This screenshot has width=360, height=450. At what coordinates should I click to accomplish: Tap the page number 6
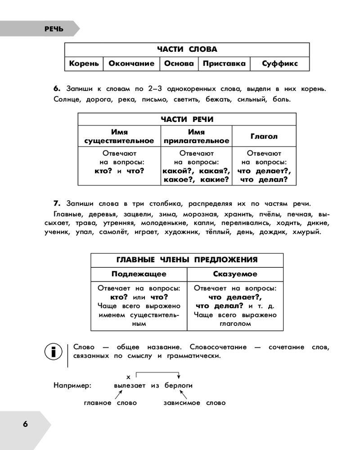click(25, 424)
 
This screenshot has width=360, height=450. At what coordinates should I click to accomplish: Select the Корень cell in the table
click(84, 64)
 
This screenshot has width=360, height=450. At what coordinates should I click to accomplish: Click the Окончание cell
click(131, 64)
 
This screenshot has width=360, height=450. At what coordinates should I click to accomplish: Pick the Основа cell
click(179, 64)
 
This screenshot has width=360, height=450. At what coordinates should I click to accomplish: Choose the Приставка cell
click(224, 64)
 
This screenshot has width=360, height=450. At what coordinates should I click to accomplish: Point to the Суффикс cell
click(280, 64)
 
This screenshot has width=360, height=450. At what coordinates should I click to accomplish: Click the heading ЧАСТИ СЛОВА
click(187, 49)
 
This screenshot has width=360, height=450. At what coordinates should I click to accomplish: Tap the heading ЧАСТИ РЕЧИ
click(187, 119)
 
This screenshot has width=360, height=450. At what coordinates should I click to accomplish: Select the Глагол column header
click(264, 136)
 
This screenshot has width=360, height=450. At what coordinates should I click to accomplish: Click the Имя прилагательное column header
click(196, 136)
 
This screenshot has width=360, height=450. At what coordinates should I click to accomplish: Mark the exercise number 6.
click(57, 88)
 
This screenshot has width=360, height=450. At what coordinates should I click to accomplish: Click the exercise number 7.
click(57, 203)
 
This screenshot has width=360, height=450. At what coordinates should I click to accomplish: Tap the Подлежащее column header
click(139, 274)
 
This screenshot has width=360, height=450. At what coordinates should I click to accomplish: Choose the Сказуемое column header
click(235, 274)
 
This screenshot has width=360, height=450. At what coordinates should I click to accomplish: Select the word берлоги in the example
click(179, 386)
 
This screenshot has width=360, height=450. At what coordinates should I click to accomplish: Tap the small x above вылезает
click(128, 376)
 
